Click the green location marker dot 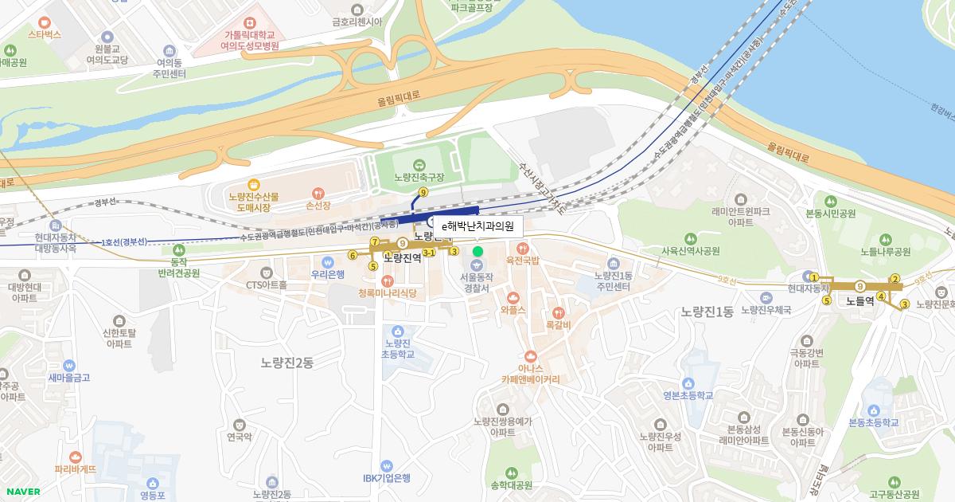[477, 252]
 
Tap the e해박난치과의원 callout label [477, 226]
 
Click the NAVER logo [21, 491]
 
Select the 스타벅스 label [45, 36]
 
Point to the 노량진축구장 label [419, 177]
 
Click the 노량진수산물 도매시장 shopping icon [253, 184]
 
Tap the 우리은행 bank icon [327, 261]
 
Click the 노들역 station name [859, 301]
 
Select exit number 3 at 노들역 [905, 304]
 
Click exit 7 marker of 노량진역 [374, 241]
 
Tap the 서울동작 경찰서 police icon [477, 264]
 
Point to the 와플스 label [513, 310]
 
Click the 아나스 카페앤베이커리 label [531, 374]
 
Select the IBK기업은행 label [387, 478]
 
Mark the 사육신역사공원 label [690, 250]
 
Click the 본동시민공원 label [830, 214]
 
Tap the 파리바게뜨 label [76, 469]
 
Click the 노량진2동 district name [287, 363]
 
